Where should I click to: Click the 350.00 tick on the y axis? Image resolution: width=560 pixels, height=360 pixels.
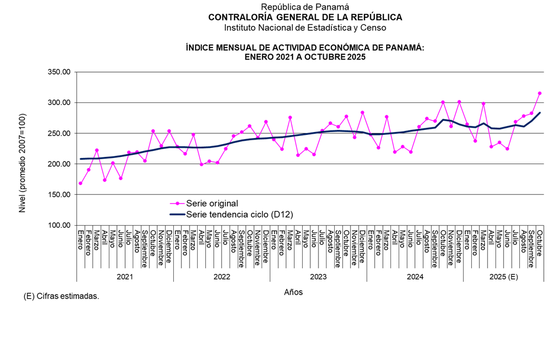60,72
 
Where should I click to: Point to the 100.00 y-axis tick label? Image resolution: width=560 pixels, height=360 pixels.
60,225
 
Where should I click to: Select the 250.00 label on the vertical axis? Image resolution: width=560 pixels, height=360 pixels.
60,133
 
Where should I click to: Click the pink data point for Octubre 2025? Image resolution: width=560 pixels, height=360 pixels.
539,93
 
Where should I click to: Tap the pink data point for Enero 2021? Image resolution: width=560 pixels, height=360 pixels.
81,183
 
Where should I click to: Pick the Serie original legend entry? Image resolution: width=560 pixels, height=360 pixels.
212,204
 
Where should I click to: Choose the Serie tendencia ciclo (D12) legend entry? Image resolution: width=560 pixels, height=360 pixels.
239,214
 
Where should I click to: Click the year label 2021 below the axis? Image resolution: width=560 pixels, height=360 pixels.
125,277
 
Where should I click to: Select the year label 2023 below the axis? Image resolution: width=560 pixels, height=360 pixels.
318,277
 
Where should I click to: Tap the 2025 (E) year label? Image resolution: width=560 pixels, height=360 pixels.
504,277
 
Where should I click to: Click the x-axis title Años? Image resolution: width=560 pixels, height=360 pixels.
294,292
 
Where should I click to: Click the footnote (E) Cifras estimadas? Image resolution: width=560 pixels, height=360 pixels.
62,297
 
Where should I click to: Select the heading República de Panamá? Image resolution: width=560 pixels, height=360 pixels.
305,6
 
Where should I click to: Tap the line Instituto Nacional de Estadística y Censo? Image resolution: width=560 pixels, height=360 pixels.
305,27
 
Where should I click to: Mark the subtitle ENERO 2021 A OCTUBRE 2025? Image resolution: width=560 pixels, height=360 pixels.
305,57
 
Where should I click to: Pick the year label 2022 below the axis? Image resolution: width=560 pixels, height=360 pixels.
222,277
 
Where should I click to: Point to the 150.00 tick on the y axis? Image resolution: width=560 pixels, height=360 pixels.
60,194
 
